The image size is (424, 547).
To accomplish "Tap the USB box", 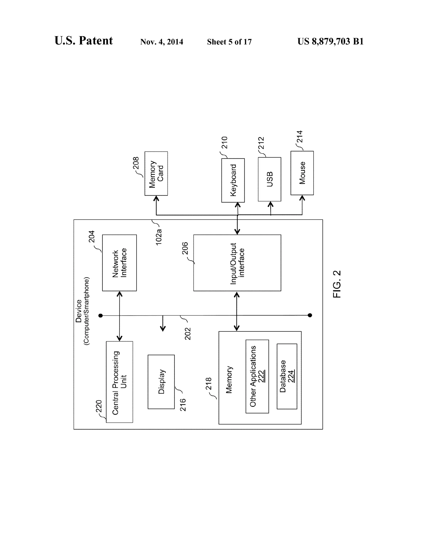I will pyautogui.click(x=269, y=179).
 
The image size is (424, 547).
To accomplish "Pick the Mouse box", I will pyautogui.click(x=302, y=173).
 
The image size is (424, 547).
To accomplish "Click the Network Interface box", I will pyautogui.click(x=119, y=263).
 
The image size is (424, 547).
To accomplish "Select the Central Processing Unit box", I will pyautogui.click(x=119, y=382).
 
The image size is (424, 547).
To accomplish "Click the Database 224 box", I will pyautogui.click(x=287, y=376).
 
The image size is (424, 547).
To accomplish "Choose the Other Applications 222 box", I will pyautogui.click(x=257, y=376).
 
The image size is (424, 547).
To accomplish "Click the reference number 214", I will pyautogui.click(x=300, y=137).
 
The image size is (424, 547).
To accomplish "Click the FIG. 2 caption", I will pyautogui.click(x=337, y=284).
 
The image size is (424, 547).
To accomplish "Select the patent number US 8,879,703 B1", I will pyautogui.click(x=330, y=41).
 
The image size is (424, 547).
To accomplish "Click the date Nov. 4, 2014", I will pyautogui.click(x=162, y=42).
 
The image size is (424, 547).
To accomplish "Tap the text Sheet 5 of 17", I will pyautogui.click(x=229, y=42).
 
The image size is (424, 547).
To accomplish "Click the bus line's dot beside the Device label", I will pyautogui.click(x=101, y=316).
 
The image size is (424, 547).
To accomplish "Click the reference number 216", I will pyautogui.click(x=183, y=405).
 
